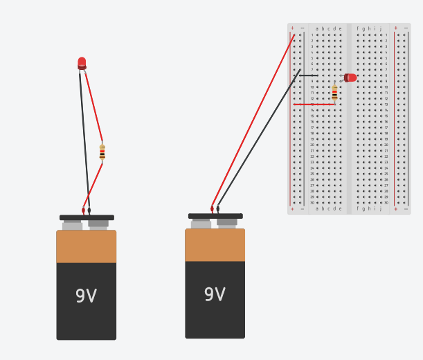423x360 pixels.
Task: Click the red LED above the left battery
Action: click(x=82, y=64)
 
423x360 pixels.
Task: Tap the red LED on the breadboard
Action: click(x=351, y=78)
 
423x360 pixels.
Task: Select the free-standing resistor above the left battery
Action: click(x=102, y=152)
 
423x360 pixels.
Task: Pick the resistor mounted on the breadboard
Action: click(x=334, y=92)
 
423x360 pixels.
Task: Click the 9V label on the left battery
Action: click(x=86, y=296)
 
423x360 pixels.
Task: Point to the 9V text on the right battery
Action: click(x=215, y=294)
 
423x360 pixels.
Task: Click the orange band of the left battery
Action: click(x=86, y=246)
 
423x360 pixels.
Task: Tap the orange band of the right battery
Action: click(x=215, y=245)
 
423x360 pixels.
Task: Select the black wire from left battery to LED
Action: click(x=84, y=138)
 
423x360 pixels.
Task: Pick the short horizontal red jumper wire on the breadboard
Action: click(x=313, y=105)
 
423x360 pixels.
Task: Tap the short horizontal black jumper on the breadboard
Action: click(x=309, y=75)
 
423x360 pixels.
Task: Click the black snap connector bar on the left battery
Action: click(x=87, y=217)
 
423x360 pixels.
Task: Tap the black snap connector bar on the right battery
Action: click(x=215, y=216)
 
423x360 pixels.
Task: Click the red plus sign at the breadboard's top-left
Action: click(x=292, y=28)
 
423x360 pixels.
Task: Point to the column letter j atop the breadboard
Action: click(x=380, y=29)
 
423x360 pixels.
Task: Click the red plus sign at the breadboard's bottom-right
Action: click(x=396, y=208)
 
